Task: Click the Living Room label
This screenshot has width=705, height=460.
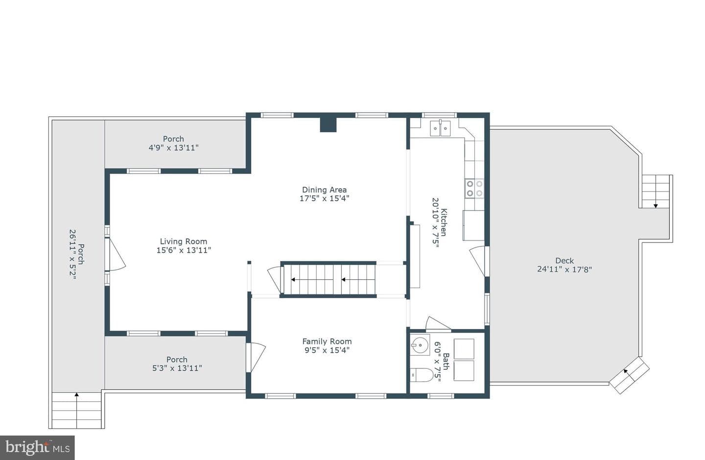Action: (x=184, y=242)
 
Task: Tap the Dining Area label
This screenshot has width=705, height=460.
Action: (x=324, y=190)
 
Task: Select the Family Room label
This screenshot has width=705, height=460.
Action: (x=327, y=341)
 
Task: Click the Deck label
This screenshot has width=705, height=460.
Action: (x=564, y=261)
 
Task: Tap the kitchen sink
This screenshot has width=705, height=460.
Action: (x=440, y=128)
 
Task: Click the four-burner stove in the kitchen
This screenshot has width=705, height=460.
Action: (x=474, y=188)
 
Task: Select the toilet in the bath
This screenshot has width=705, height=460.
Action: (x=422, y=375)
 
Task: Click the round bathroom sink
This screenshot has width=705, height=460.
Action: (x=420, y=345)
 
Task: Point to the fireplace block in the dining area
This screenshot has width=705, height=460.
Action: (x=328, y=125)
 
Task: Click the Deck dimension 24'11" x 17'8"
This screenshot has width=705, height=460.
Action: (x=564, y=269)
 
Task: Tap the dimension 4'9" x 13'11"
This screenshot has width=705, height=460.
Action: (x=173, y=147)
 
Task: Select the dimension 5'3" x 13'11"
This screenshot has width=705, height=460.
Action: (x=177, y=368)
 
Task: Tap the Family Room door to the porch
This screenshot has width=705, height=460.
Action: (x=256, y=357)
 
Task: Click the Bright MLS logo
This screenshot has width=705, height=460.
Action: (x=37, y=448)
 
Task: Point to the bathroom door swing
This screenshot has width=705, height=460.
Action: (x=438, y=324)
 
